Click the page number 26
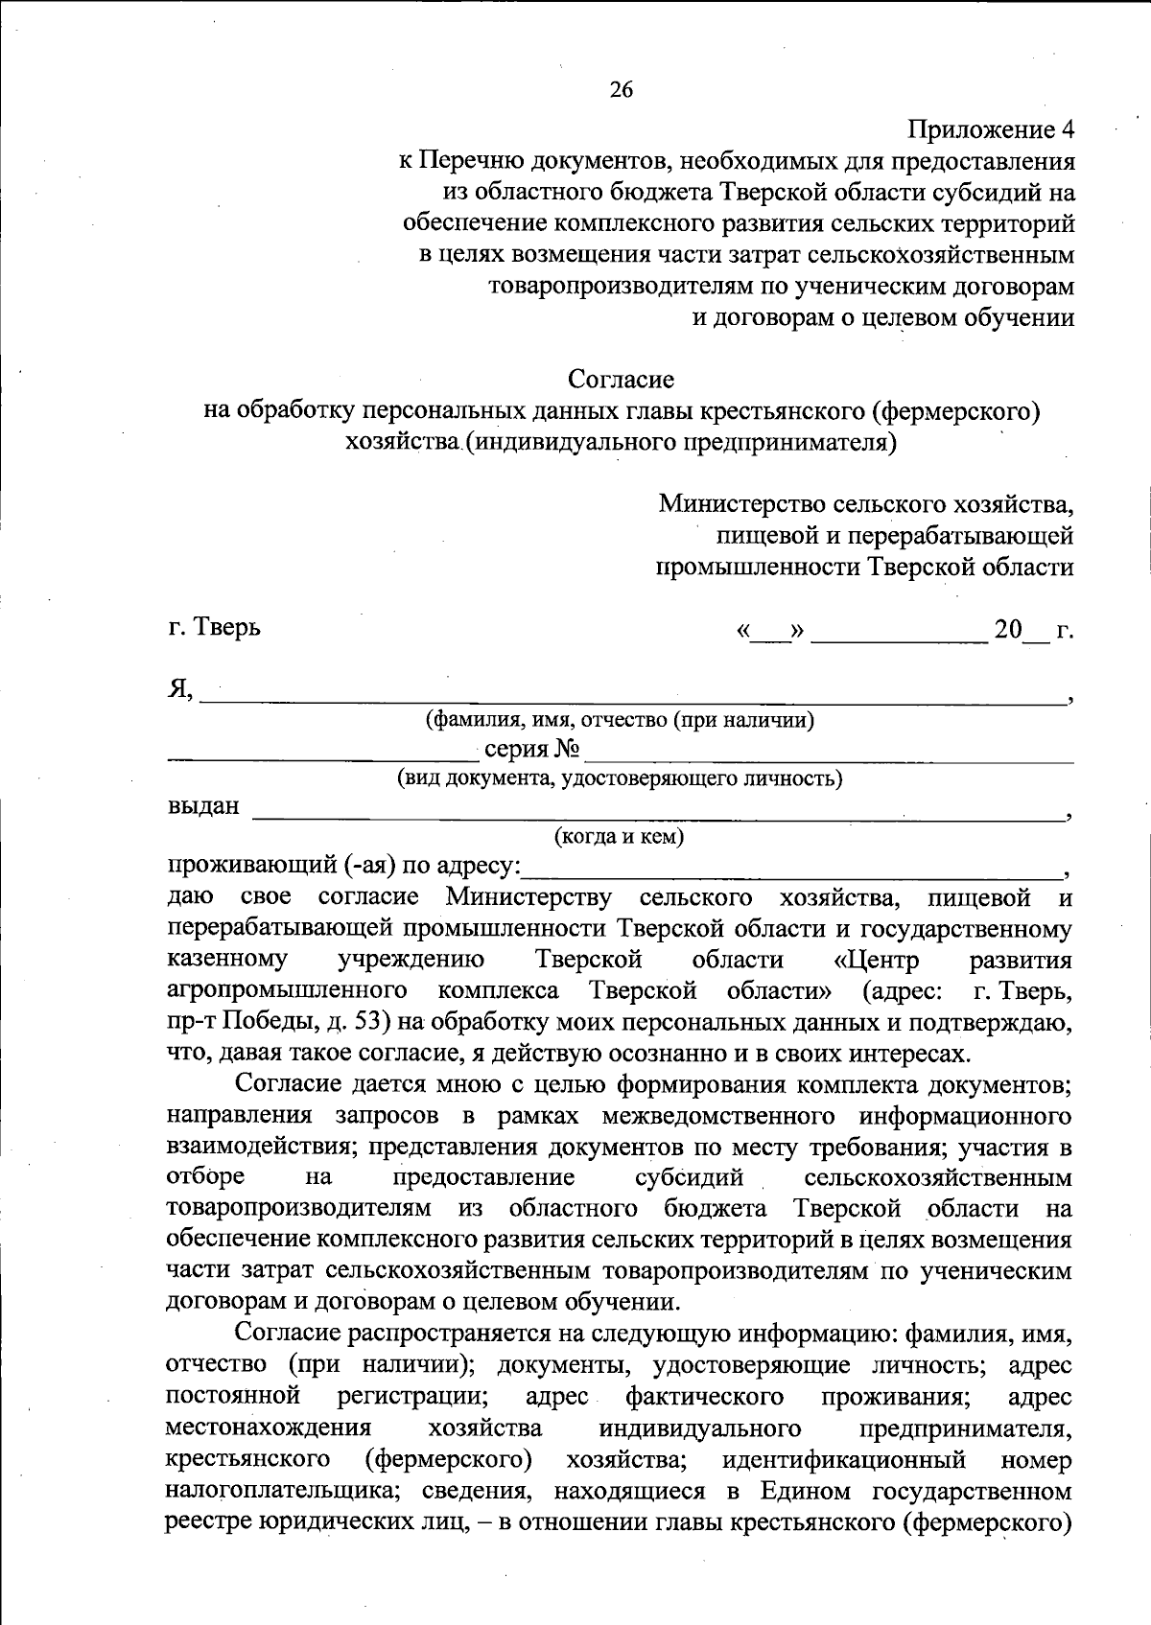point(621,90)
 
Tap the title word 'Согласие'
point(621,380)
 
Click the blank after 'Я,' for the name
point(633,696)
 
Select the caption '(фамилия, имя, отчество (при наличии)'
point(621,719)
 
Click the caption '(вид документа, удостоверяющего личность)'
point(621,778)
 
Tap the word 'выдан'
point(203,806)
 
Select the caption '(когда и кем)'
point(621,837)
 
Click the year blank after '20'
point(1035,636)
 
